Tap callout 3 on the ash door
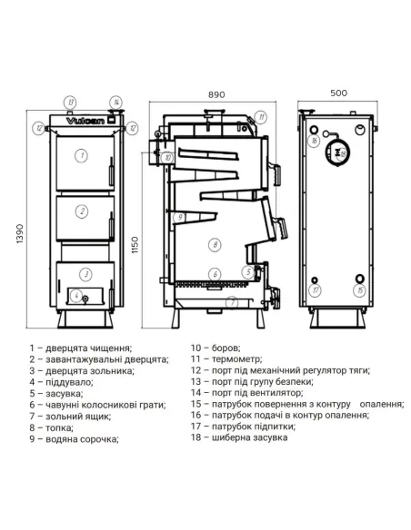pyautogui.click(x=84, y=273)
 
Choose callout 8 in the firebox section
pyautogui.click(x=213, y=244)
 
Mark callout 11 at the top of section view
pyautogui.click(x=261, y=116)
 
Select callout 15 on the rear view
pyautogui.click(x=360, y=290)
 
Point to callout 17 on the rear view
pyautogui.click(x=315, y=290)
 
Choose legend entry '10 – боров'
pyautogui.click(x=216, y=347)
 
